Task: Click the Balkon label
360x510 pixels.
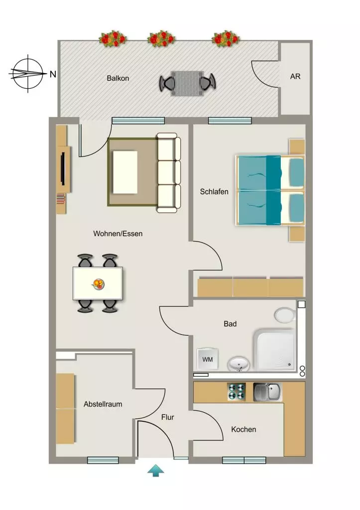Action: [118, 78]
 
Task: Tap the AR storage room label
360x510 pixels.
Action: [295, 76]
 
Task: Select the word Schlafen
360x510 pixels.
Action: [214, 192]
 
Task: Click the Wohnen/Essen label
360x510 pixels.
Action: [118, 234]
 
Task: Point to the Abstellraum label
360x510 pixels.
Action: [103, 404]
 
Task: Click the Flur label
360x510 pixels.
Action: [167, 417]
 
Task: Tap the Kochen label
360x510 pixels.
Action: [243, 429]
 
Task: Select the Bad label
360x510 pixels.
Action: [230, 324]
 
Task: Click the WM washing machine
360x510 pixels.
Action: [208, 359]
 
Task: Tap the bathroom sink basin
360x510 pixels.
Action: [239, 364]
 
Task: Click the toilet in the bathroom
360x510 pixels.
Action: [285, 315]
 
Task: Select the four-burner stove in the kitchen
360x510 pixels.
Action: [236, 391]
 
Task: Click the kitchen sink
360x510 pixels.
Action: [267, 391]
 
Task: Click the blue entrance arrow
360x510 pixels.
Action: [155, 470]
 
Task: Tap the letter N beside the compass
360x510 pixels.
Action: [53, 74]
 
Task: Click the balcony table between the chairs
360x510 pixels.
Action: [187, 84]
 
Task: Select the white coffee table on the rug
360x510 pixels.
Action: [125, 172]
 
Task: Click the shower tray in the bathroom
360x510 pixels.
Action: [275, 350]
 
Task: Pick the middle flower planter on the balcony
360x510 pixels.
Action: [161, 39]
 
